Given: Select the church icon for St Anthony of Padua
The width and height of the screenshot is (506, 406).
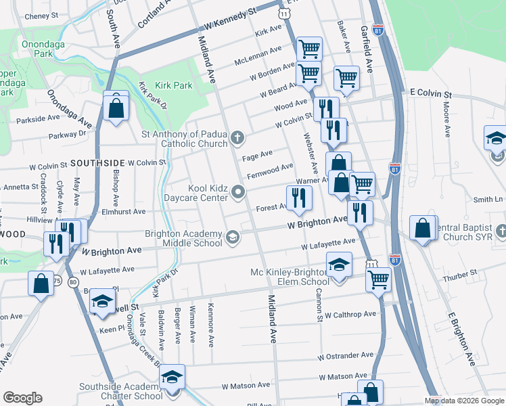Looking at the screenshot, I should (x=237, y=138).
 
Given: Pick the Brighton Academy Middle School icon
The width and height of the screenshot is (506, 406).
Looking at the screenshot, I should (x=233, y=236).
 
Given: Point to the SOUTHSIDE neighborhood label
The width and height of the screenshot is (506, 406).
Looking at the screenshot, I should (x=97, y=163).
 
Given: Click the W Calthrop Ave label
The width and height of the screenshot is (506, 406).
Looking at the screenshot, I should (x=349, y=315).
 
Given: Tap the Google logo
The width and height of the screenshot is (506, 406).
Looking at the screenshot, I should (x=22, y=398).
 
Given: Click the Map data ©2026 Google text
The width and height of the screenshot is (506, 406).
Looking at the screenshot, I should (x=464, y=401).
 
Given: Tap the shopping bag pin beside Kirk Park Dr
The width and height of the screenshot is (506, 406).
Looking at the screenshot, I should (x=116, y=107).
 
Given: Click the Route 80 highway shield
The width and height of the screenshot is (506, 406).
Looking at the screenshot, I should (x=73, y=281).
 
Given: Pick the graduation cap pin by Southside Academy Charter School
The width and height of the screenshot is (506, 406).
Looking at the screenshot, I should (x=173, y=377).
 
